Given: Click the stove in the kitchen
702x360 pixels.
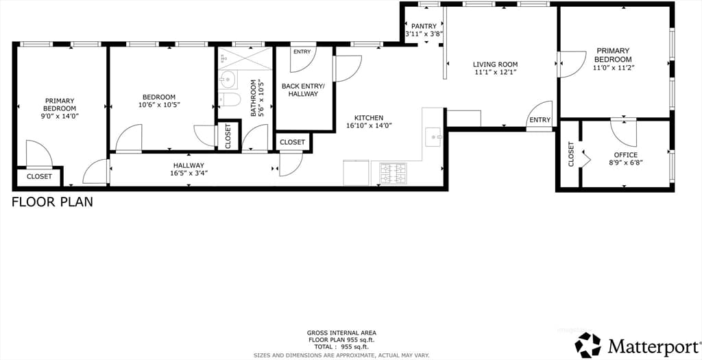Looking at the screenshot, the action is (x=394, y=173).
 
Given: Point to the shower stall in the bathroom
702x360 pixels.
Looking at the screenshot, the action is (x=245, y=58).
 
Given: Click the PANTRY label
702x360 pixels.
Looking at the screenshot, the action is (x=424, y=27).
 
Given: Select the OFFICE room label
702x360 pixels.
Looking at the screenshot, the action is (x=625, y=155).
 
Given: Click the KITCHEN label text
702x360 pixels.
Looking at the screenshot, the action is (x=369, y=118).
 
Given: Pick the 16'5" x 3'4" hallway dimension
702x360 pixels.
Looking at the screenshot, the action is (x=189, y=173).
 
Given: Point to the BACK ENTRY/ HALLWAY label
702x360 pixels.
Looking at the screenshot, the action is (x=302, y=90).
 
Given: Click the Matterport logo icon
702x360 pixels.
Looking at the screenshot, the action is (x=588, y=345).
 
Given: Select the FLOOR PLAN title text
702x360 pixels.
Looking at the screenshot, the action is (x=52, y=202).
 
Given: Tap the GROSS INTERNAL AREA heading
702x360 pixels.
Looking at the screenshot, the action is (x=341, y=333).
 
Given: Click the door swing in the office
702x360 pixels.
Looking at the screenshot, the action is (x=623, y=130).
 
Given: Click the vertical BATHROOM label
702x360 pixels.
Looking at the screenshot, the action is (x=254, y=98).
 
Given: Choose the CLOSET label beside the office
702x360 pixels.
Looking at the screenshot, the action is (x=571, y=154).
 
